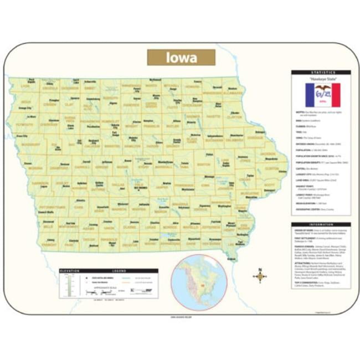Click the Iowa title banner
(x=181, y=58)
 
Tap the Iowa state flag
(x=322, y=95)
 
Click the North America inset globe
(x=199, y=280)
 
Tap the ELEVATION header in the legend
(x=69, y=270)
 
